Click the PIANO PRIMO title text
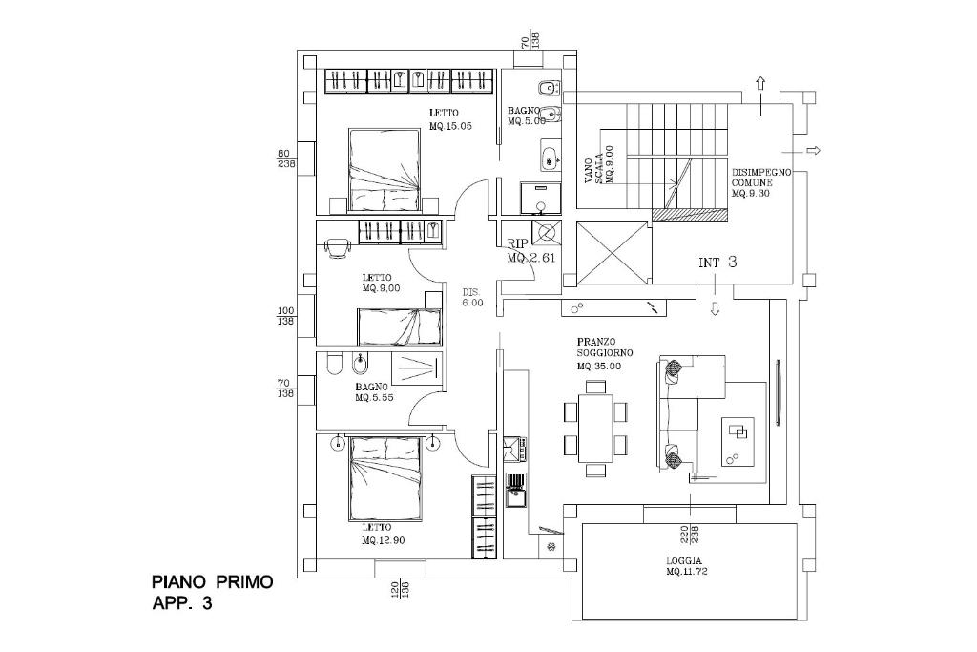pyautogui.click(x=212, y=581)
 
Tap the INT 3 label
pyautogui.click(x=717, y=263)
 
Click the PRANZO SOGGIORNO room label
pyautogui.click(x=604, y=353)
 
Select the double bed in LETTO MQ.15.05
pyautogui.click(x=385, y=170)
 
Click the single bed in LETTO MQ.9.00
pyautogui.click(x=399, y=326)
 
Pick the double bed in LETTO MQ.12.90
pyautogui.click(x=385, y=477)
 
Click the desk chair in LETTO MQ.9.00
pyautogui.click(x=337, y=246)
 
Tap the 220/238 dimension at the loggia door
pyautogui.click(x=690, y=536)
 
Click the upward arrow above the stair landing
pyautogui.click(x=760, y=83)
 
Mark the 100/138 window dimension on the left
pyautogui.click(x=284, y=316)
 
